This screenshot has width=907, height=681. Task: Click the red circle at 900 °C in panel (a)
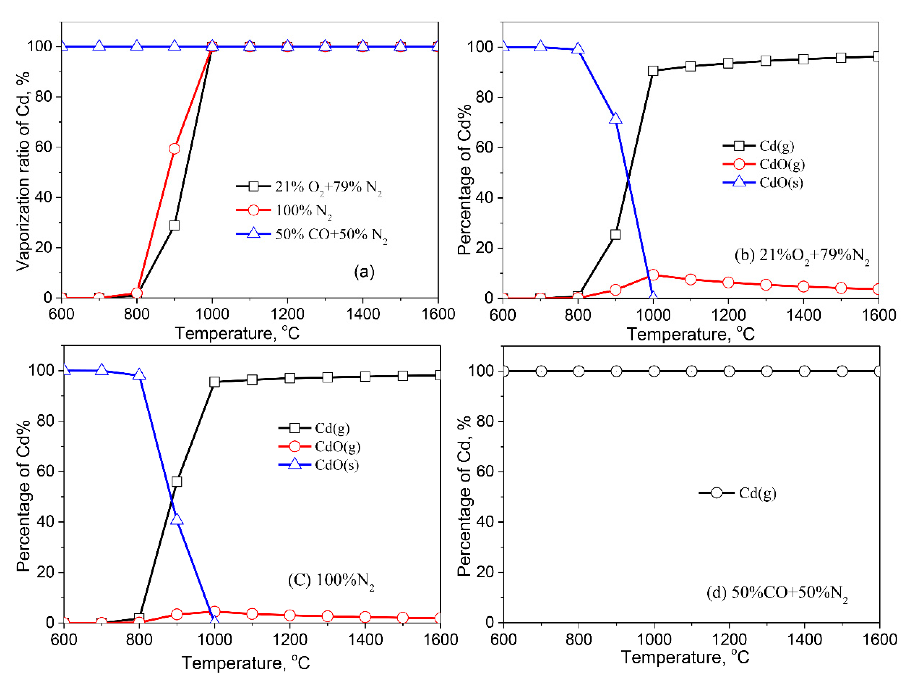tap(174, 149)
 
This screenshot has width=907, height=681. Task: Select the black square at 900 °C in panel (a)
tap(174, 226)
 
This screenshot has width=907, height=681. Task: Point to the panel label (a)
tap(364, 272)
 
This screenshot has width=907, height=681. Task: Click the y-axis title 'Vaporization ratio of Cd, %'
tap(23, 171)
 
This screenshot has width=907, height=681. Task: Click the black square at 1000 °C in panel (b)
tap(653, 71)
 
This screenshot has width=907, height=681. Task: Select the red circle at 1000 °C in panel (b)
tap(653, 275)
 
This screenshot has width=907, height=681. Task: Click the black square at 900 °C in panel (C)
tap(177, 481)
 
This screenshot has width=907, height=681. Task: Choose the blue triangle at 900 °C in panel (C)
tap(177, 519)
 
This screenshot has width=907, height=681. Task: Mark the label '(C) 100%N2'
tap(331, 581)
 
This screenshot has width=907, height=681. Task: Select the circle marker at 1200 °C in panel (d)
tap(729, 371)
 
